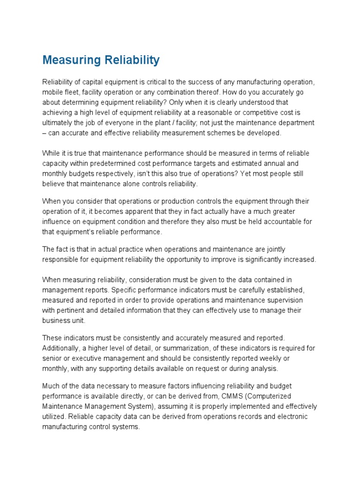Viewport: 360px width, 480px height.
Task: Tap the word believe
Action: tap(53, 184)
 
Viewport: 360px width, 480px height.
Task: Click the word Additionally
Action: tap(61, 348)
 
